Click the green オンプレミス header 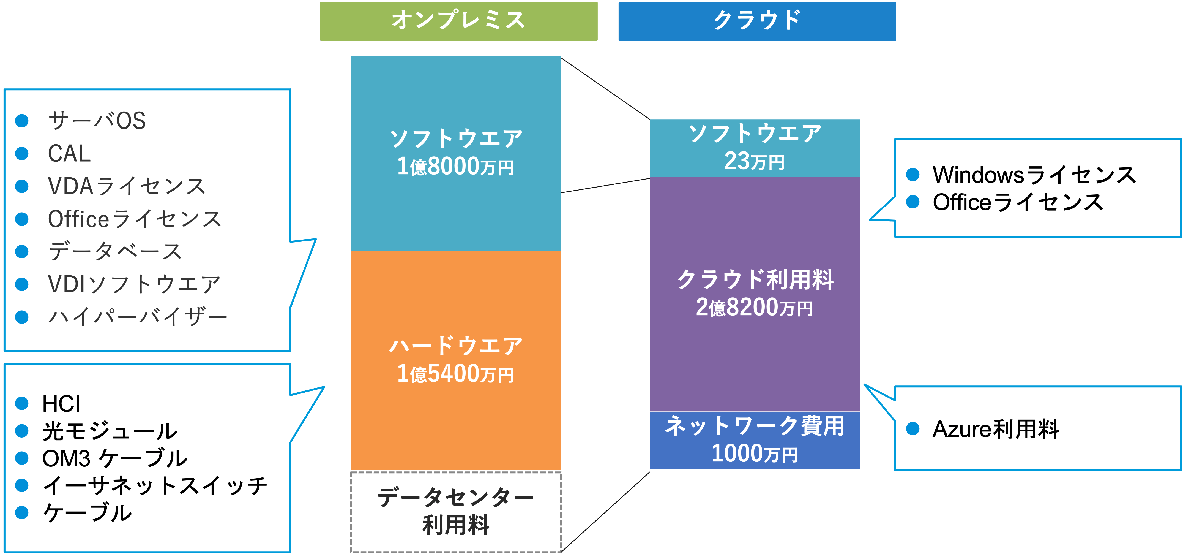(x=458, y=21)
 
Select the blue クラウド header (x=757, y=21)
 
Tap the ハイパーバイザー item (x=138, y=317)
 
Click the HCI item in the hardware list (x=61, y=404)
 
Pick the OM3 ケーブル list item (x=115, y=458)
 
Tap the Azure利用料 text (x=996, y=429)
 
